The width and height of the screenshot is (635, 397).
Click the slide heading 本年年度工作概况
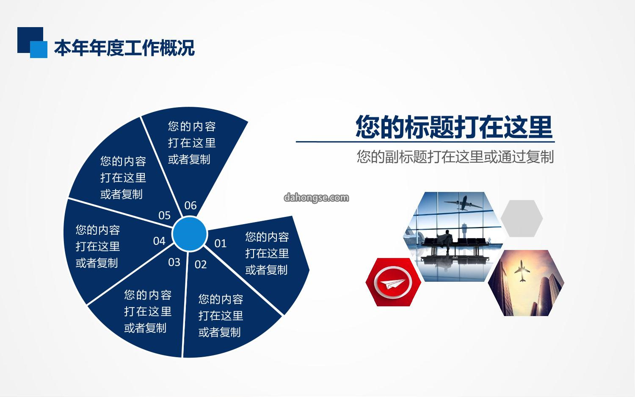[124, 48]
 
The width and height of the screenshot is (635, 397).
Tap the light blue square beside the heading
[39, 50]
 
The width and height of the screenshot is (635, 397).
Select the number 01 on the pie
[220, 244]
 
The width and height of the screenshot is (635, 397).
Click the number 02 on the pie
[200, 264]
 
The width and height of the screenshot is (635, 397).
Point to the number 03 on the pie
[174, 262]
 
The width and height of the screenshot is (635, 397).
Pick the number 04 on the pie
[159, 241]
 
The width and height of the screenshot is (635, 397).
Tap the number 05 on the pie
[164, 215]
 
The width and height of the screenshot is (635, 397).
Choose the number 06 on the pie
[190, 205]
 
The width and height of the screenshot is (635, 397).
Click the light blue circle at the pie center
[190, 234]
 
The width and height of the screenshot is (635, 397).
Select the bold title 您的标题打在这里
[454, 127]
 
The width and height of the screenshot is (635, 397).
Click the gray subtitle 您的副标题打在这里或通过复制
[455, 157]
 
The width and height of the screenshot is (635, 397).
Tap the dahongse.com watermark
[316, 197]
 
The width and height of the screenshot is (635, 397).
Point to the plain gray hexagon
[522, 219]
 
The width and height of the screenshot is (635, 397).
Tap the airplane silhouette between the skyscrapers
[522, 271]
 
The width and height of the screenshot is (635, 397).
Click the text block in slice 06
[192, 143]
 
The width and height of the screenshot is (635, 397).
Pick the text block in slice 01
[267, 253]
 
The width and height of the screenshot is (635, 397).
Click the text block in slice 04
[97, 246]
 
